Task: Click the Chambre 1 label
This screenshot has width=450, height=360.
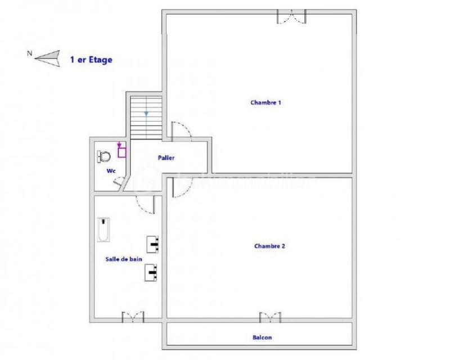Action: pyautogui.click(x=265, y=102)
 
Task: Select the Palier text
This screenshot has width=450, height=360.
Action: pyautogui.click(x=166, y=158)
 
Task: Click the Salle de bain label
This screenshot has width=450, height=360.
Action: pyautogui.click(x=124, y=259)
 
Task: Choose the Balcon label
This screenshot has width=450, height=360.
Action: pyautogui.click(x=263, y=337)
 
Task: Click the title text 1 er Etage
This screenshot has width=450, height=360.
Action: pyautogui.click(x=91, y=58)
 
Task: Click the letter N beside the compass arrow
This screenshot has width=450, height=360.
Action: pyautogui.click(x=29, y=54)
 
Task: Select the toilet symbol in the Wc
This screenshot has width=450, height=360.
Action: pyautogui.click(x=103, y=155)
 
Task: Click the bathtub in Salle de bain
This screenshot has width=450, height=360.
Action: pyautogui.click(x=103, y=230)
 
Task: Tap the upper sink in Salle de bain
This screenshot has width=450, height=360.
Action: pyautogui.click(x=154, y=244)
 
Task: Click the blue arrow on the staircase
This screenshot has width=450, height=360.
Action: pyautogui.click(x=146, y=114)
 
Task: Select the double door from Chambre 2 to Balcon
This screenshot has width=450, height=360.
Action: pyautogui.click(x=269, y=318)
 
